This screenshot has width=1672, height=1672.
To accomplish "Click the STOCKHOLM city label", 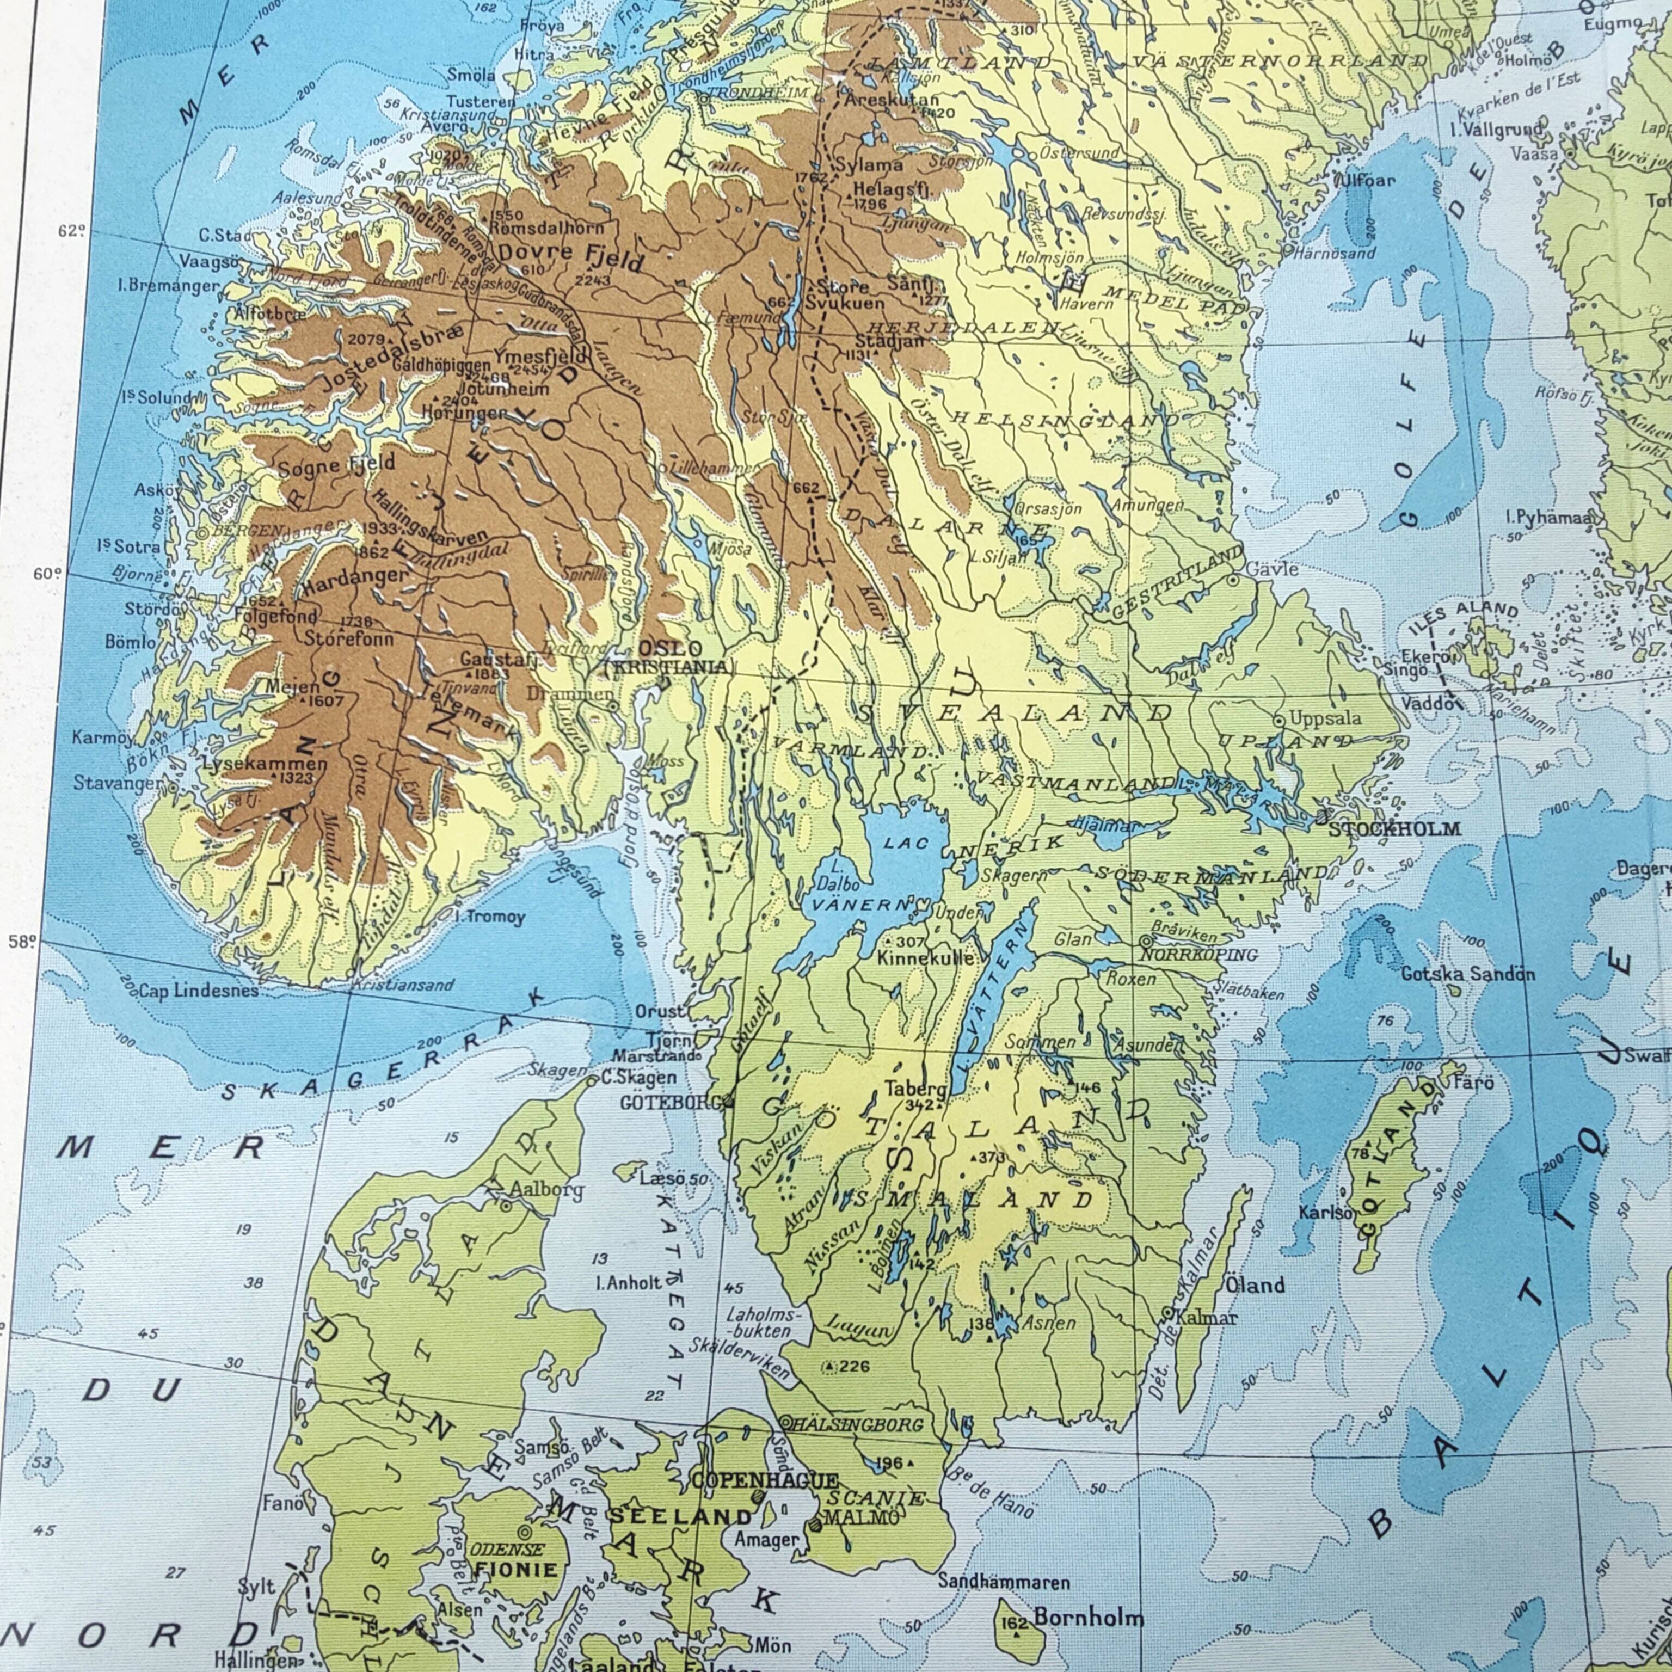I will click(1394, 829).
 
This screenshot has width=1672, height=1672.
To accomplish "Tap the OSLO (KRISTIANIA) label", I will click(669, 657).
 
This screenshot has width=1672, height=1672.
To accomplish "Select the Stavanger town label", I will click(117, 783).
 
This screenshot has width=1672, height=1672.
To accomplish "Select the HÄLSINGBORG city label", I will click(858, 1424).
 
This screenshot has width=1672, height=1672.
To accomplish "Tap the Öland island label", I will click(1255, 1285).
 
